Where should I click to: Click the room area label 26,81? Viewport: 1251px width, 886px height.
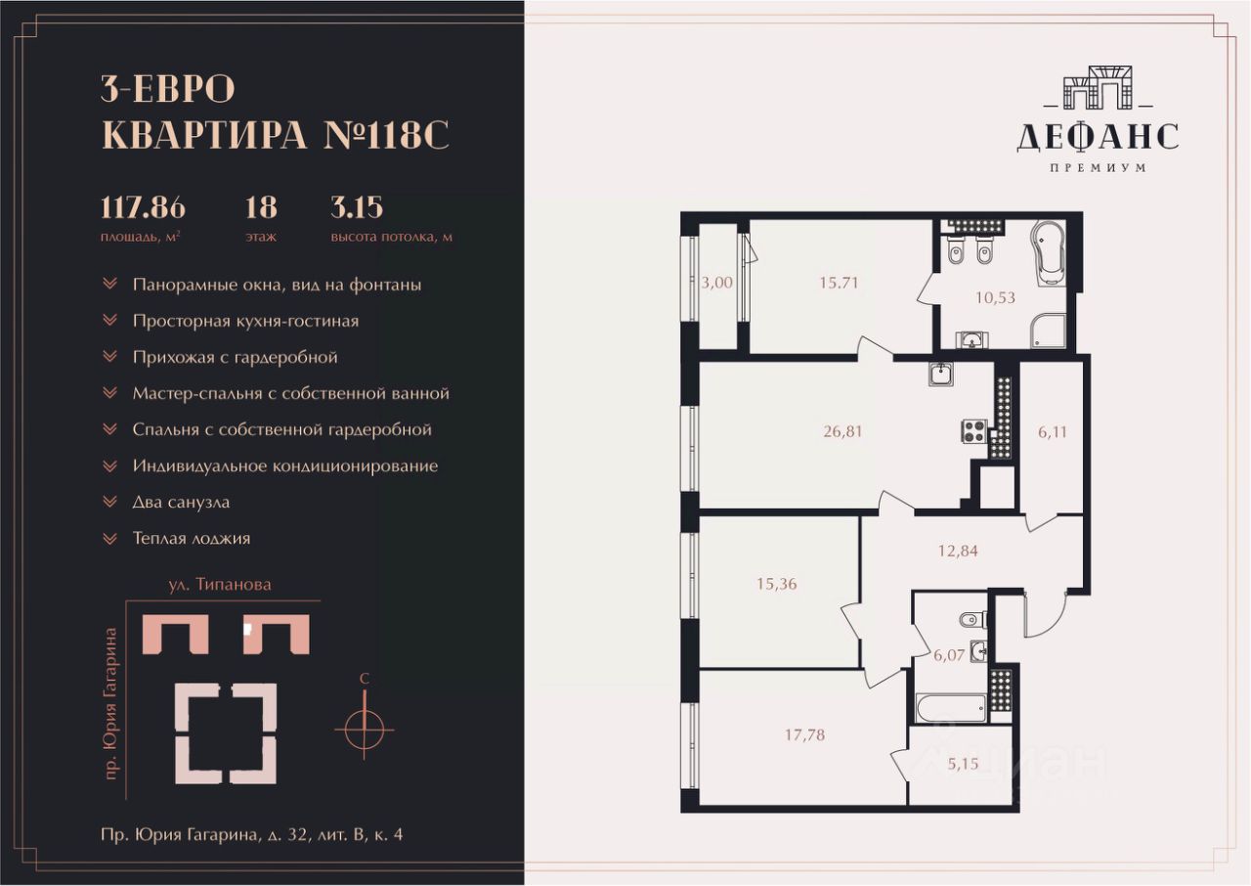[x=842, y=431]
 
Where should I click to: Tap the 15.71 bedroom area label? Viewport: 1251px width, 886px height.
[x=839, y=283]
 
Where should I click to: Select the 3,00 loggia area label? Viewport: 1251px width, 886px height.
[x=717, y=283]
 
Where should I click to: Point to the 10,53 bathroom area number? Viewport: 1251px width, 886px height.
[x=995, y=297]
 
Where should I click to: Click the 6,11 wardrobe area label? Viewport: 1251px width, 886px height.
[x=1053, y=432]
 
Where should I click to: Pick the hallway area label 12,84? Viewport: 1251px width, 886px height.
[x=958, y=551]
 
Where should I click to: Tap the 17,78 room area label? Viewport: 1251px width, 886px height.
[x=804, y=734]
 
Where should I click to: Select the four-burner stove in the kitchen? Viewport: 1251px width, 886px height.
[x=974, y=431]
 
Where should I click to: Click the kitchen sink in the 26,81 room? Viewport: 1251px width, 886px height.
[x=941, y=374]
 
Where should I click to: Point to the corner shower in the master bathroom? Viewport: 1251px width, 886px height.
[x=1049, y=331]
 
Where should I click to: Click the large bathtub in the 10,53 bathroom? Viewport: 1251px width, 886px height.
[x=1050, y=254]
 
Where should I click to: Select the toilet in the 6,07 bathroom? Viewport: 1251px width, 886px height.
[x=973, y=620]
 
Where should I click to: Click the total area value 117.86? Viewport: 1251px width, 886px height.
[x=143, y=207]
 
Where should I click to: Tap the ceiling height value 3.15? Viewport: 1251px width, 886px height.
[x=357, y=207]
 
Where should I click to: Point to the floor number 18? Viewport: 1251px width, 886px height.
[x=261, y=207]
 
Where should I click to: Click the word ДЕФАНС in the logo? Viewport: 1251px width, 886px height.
[x=1098, y=138]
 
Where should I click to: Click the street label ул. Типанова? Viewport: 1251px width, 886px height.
[x=220, y=585]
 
